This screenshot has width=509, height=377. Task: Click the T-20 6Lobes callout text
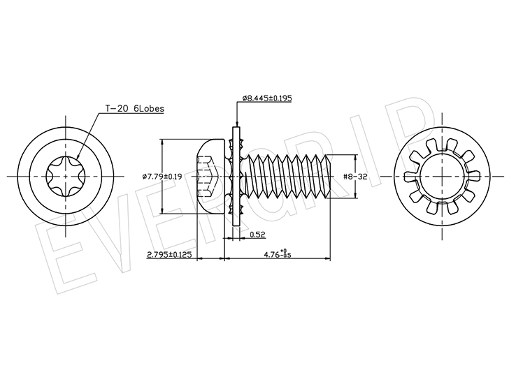click(134, 108)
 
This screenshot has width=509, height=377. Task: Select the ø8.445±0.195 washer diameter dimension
click(267, 98)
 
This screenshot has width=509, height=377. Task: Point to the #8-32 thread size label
click(355, 177)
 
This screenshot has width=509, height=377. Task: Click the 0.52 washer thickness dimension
click(258, 235)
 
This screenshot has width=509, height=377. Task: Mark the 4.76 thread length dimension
click(278, 254)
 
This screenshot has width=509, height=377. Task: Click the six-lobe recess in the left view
click(66, 177)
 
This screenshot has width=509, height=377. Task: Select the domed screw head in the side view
click(210, 177)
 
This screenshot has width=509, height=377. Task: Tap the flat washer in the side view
click(236, 177)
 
